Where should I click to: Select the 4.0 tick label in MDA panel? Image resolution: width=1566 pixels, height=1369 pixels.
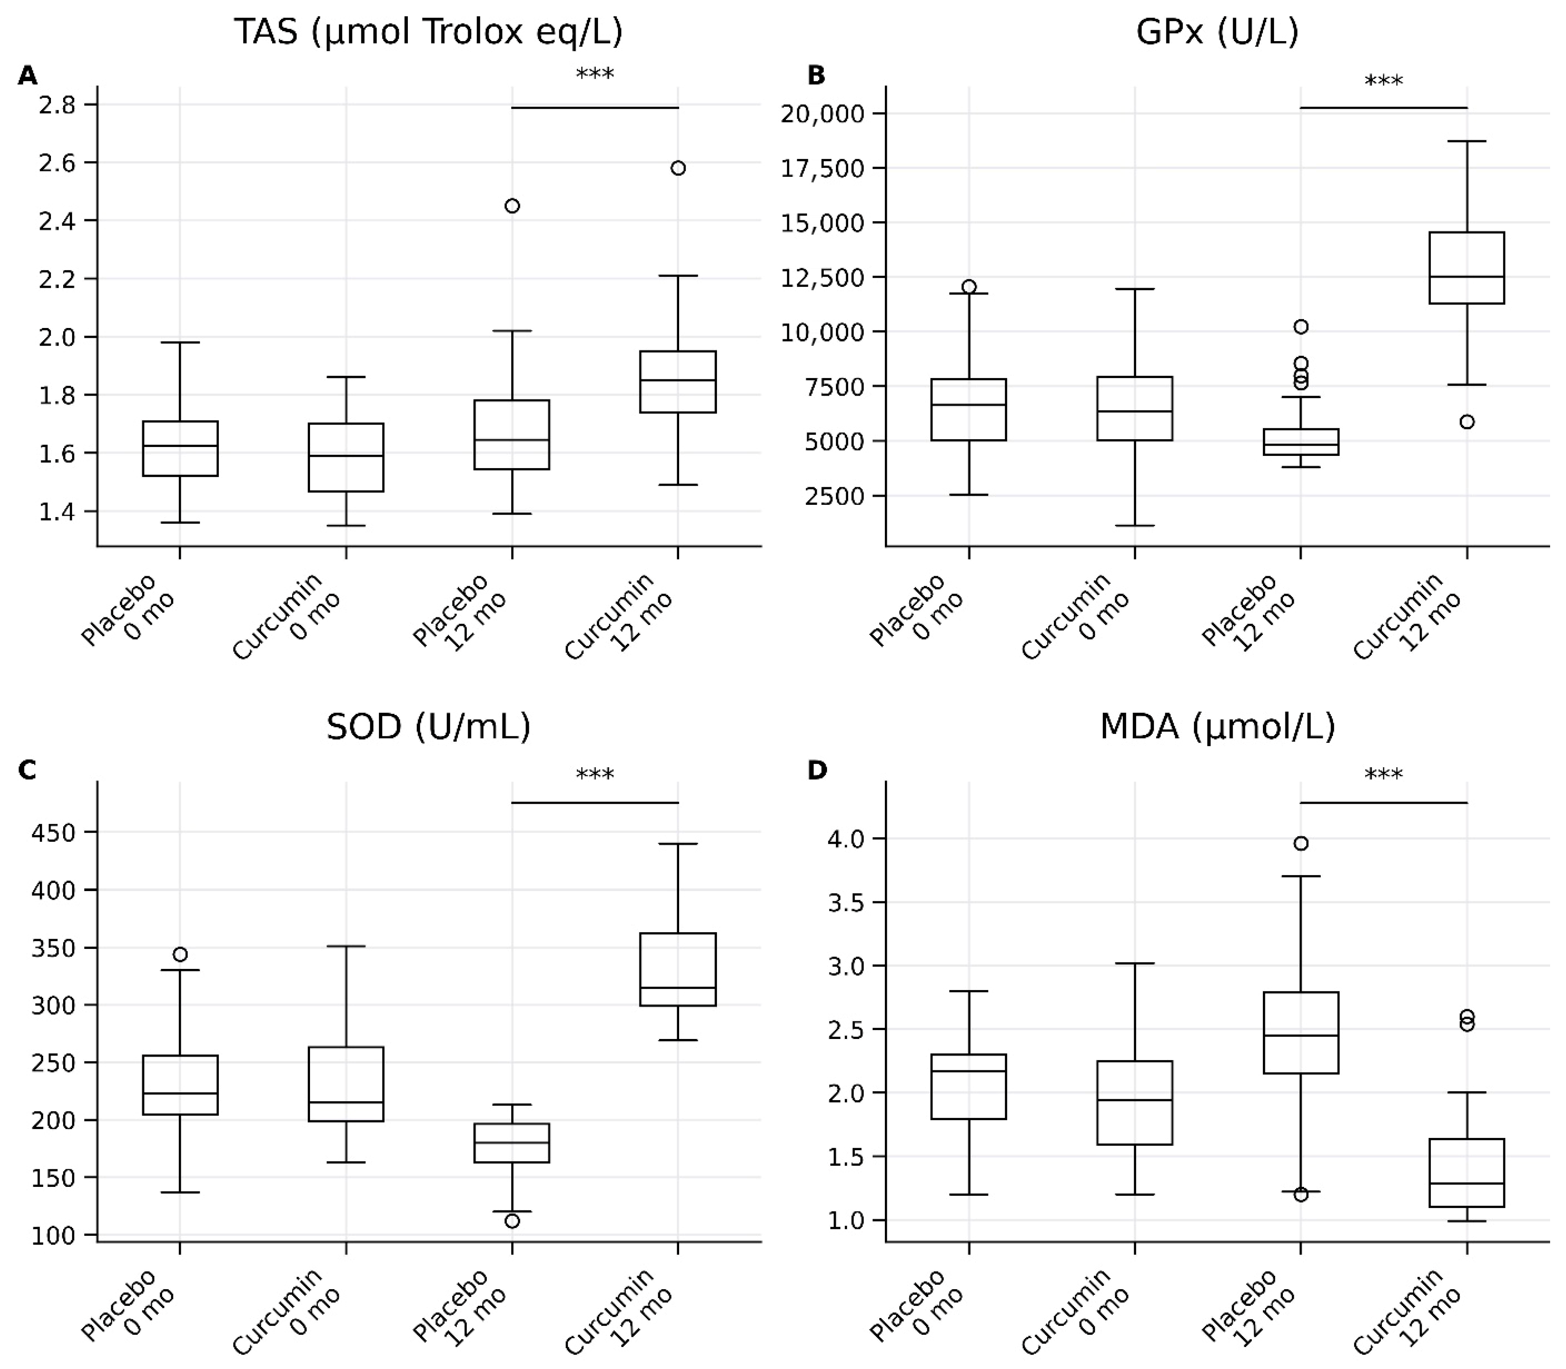click(847, 839)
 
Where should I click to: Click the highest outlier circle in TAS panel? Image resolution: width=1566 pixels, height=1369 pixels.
click(677, 168)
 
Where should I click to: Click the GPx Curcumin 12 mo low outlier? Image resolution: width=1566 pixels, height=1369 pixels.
click(1467, 422)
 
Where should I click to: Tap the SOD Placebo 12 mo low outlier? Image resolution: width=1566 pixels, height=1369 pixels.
click(512, 1221)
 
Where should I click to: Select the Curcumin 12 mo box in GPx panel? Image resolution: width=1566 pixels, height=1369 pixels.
click(1467, 267)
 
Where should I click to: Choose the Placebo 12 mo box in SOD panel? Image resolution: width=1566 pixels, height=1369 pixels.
click(512, 1143)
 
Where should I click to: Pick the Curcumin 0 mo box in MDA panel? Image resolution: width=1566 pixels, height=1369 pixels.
click(1135, 1103)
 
